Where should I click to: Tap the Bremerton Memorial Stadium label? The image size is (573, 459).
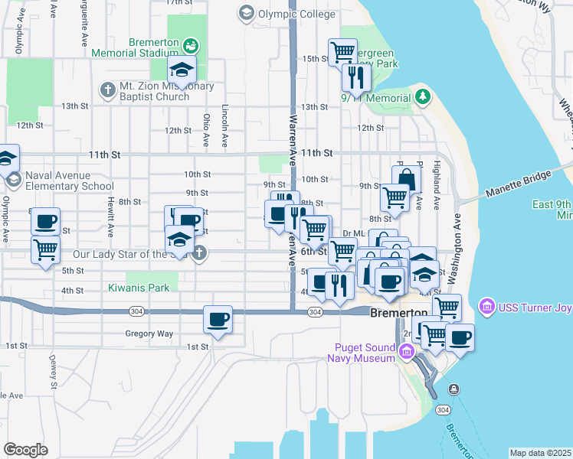coord(134,48)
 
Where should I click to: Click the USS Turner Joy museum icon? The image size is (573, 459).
coord(486,308)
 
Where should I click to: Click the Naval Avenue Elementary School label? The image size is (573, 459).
coord(69,181)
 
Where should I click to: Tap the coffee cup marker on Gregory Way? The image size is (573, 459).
coord(218,318)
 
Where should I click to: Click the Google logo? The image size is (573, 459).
coord(25,450)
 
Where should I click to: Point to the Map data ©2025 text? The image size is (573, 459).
coord(541,453)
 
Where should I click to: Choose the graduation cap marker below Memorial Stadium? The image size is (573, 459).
coord(182,70)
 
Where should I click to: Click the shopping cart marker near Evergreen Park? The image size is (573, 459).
coord(342,53)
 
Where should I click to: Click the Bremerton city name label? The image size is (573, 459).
coord(398,314)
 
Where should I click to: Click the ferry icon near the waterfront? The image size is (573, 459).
coord(454,389)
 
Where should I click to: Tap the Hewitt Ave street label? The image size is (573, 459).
coord(111,219)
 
